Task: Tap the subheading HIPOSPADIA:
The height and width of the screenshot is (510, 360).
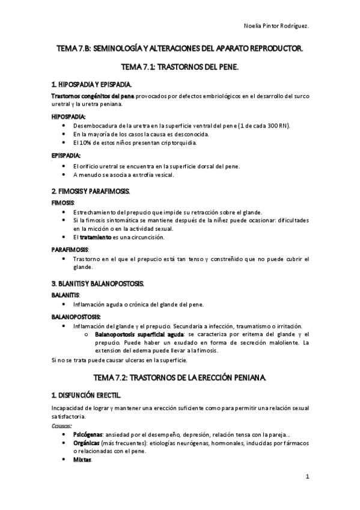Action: coord(69,117)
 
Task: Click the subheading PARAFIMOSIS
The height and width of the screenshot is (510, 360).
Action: coord(70,249)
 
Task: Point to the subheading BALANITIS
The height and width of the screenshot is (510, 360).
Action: coord(66,295)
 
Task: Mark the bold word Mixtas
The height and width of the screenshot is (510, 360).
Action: coord(82,459)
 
